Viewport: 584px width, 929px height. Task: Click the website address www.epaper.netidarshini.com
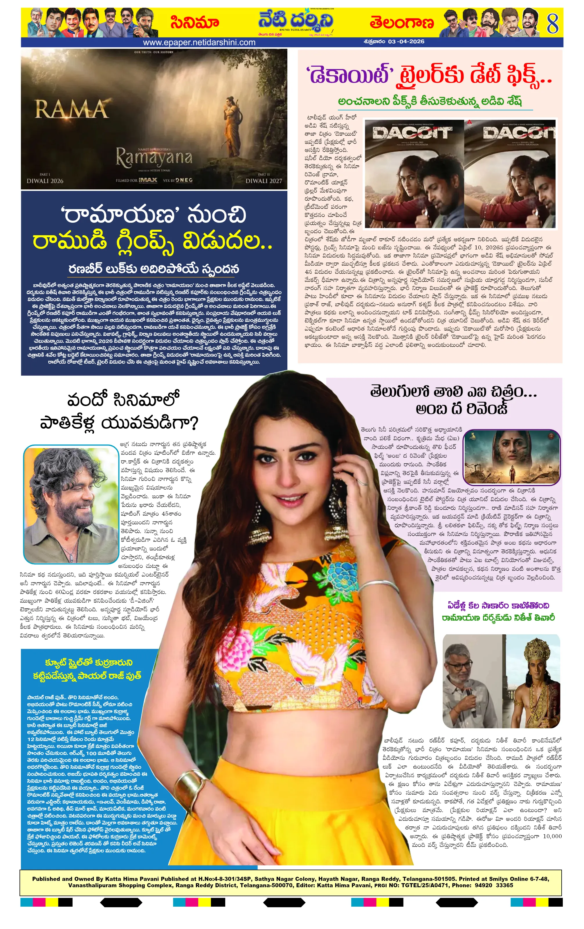coord(199,42)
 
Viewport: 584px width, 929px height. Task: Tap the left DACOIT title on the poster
coord(412,133)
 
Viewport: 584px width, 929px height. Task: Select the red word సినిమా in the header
coord(195,23)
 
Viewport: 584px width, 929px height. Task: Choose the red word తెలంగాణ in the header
coord(402,23)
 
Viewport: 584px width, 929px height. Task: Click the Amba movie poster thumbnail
coord(511,457)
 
